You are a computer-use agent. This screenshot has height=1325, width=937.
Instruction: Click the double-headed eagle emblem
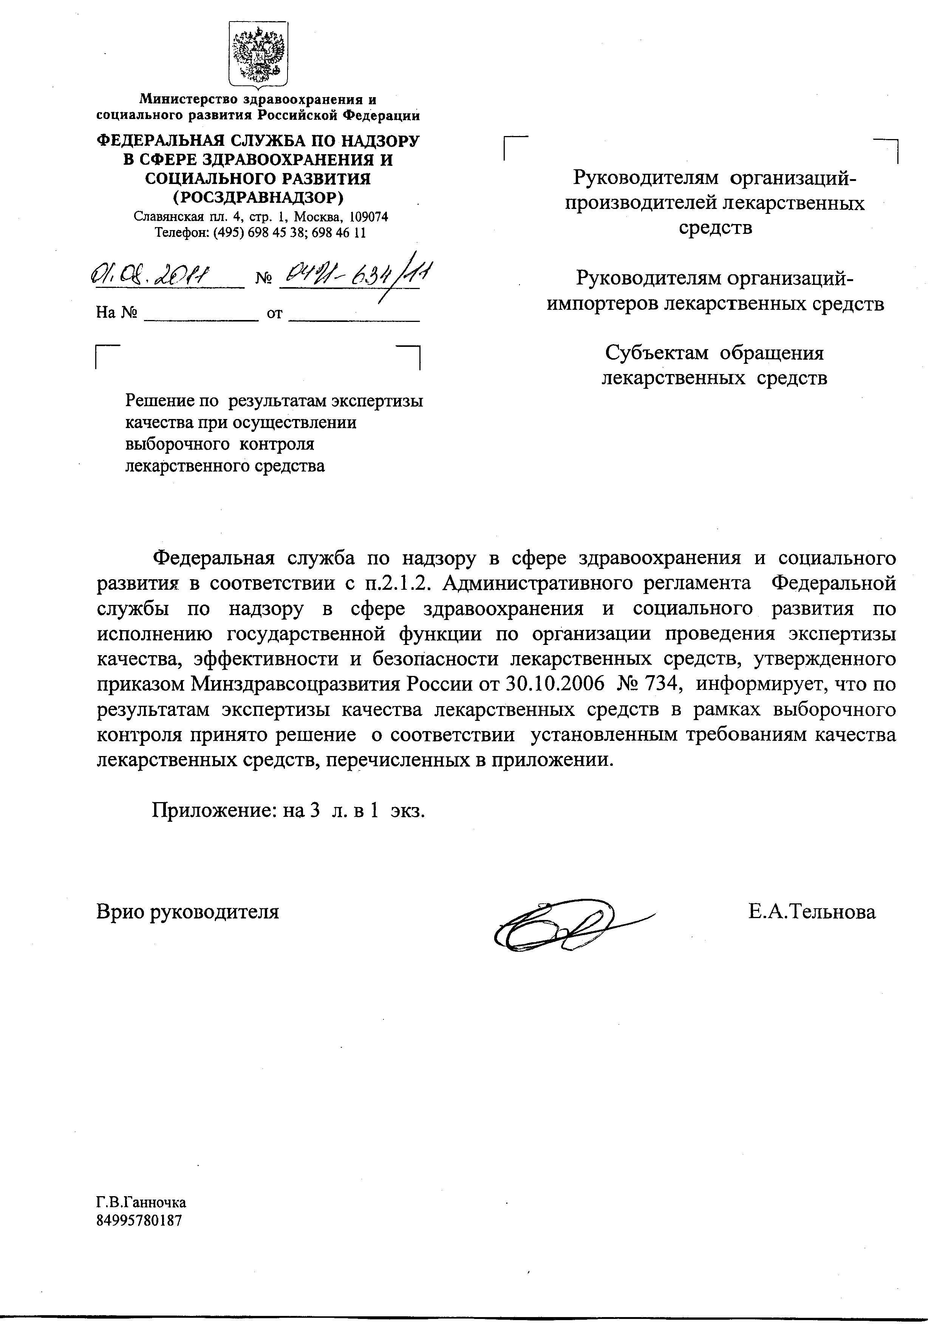coord(258,55)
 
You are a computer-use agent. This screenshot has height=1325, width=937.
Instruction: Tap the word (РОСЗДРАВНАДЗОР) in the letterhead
coord(258,197)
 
